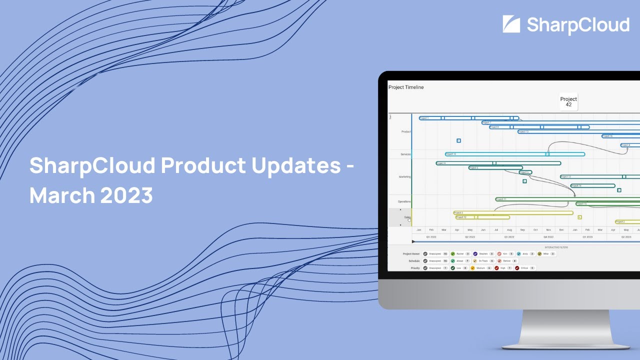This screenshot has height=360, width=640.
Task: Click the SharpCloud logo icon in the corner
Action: (511, 24)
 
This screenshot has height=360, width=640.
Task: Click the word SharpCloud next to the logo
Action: (578, 25)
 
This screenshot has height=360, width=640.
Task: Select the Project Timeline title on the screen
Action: (406, 87)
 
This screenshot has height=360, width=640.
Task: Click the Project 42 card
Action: (568, 101)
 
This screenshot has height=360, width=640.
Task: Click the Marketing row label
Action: (404, 177)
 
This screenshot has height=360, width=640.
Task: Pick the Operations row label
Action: (404, 201)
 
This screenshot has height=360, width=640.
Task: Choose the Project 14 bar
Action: (592, 185)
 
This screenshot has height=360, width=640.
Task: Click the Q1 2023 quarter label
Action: (587, 237)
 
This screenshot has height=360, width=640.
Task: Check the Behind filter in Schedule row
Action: (507, 261)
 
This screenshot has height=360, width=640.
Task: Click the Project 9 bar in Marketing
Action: (498, 163)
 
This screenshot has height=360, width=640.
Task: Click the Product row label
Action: (406, 132)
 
